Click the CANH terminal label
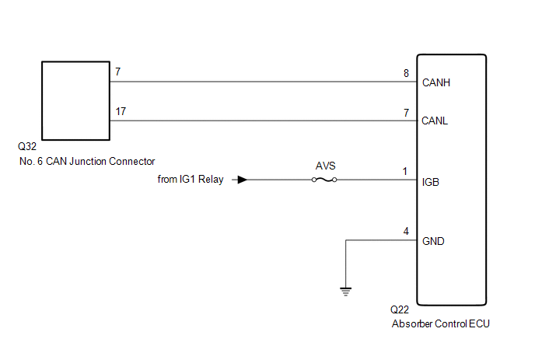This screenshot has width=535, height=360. click(436, 82)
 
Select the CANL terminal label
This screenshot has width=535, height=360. click(435, 121)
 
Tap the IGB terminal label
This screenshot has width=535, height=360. click(430, 182)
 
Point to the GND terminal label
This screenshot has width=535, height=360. click(433, 241)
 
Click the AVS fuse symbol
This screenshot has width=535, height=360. click(324, 180)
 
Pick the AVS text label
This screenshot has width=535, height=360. click(326, 166)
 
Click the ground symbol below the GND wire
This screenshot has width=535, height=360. click(345, 292)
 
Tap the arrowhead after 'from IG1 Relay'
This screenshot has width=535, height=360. click(243, 180)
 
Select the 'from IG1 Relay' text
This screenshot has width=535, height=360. click(191, 179)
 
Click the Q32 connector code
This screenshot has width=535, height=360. click(27, 146)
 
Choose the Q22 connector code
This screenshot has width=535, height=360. click(400, 309)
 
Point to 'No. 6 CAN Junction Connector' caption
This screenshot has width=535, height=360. click(87, 161)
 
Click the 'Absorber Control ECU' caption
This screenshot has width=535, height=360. click(440, 323)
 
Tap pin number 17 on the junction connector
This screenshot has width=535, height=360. click(121, 111)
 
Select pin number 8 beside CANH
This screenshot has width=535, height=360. click(406, 73)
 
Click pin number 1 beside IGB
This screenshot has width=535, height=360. click(405, 171)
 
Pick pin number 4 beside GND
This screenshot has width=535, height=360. click(406, 232)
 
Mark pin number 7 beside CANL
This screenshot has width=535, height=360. click(406, 113)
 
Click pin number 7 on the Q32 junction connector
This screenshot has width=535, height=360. click(117, 72)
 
